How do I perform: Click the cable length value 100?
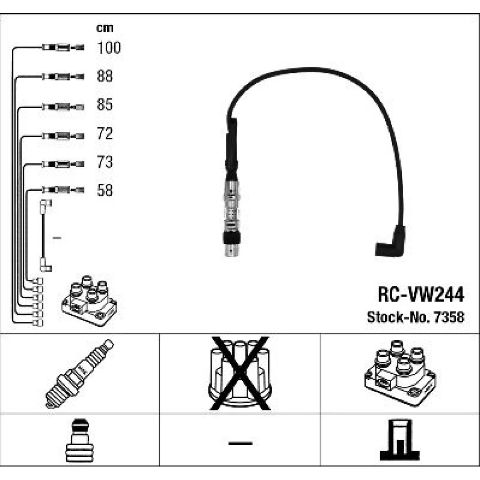click(x=109, y=48)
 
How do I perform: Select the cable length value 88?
click(x=105, y=76)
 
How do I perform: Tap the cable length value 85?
click(x=105, y=105)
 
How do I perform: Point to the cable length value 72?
click(x=105, y=134)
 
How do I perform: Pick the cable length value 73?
click(x=105, y=163)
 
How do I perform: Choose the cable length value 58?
click(x=105, y=191)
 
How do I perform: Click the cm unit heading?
click(x=105, y=28)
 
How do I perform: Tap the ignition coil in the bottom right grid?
click(x=400, y=372)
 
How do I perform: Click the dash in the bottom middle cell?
click(x=240, y=442)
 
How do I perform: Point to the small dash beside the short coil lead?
click(x=57, y=238)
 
